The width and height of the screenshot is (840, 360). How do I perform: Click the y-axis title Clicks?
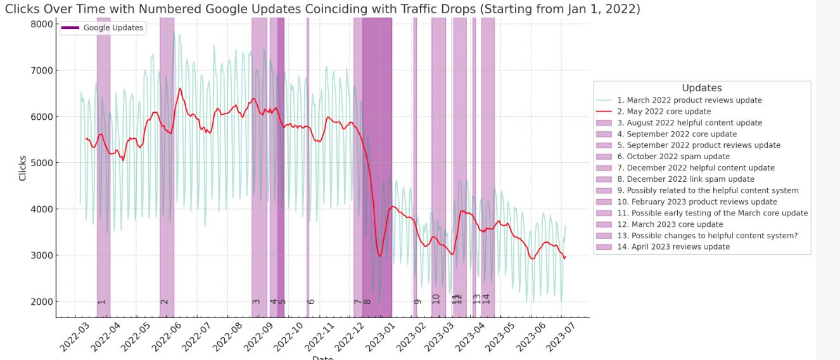23,167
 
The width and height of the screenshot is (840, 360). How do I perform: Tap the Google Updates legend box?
102,28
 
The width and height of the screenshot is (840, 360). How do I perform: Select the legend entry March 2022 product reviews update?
689,100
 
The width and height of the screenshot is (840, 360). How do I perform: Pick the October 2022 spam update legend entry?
673,157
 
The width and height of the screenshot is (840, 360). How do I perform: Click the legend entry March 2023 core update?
670,224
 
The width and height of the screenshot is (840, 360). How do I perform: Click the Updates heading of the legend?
701,88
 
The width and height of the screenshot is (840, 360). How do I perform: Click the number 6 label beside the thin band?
311,302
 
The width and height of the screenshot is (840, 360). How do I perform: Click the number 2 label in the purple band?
165,302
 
